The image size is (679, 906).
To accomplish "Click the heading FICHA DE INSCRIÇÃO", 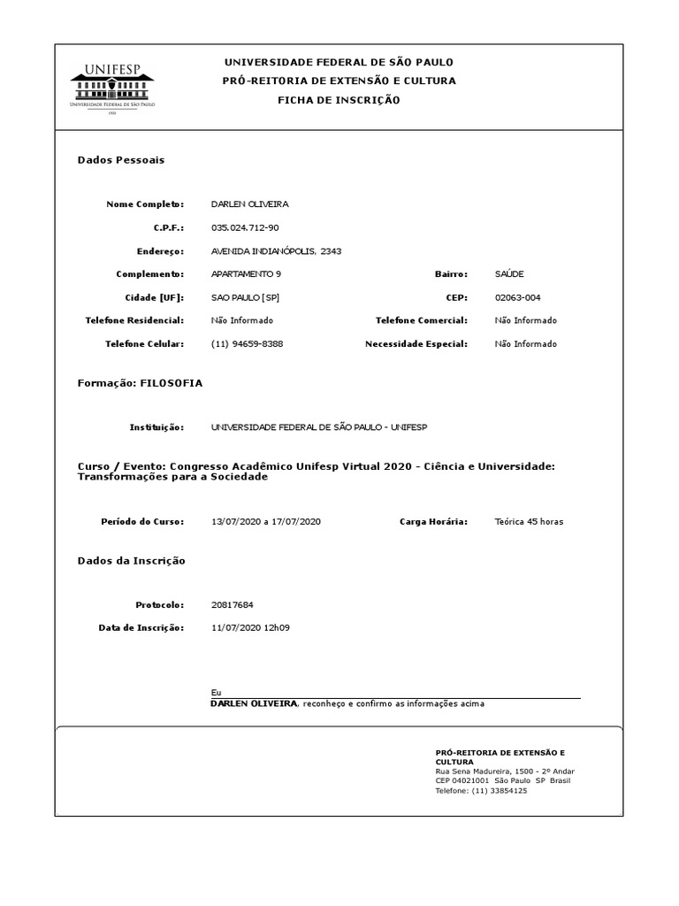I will [339, 100].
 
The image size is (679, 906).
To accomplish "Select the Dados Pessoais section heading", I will [121, 160].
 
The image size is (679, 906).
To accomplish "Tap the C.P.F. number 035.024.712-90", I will [245, 227].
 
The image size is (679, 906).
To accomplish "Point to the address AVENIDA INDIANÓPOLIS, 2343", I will [276, 251].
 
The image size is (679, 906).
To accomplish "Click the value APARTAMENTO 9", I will [247, 274].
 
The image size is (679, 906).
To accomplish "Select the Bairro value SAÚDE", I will [509, 274].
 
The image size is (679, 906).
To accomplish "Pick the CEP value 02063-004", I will [518, 297].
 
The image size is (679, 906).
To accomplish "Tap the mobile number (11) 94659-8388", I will [248, 343].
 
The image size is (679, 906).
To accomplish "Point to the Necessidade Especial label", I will [416, 343].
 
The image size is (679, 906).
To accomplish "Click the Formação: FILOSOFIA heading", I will [140, 383].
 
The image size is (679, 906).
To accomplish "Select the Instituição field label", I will [156, 427].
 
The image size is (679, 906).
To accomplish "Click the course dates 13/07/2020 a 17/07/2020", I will [266, 522].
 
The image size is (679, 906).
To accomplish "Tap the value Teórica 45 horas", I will [529, 522].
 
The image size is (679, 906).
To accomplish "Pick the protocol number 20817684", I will [233, 605].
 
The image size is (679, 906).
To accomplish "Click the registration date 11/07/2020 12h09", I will [251, 627].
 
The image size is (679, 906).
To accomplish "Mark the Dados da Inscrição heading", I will [132, 561].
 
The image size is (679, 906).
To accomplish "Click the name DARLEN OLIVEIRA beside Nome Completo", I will [250, 204].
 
